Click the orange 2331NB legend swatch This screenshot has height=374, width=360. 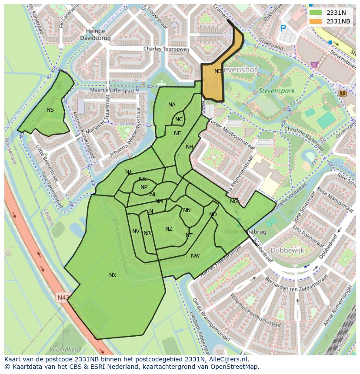tap(316, 21)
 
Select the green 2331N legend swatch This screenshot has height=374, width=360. tap(316, 13)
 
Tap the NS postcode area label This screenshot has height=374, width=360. tap(50, 110)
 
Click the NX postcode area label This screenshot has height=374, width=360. tap(113, 275)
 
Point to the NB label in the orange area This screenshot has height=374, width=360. tap(218, 71)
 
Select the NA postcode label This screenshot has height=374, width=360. tap(172, 105)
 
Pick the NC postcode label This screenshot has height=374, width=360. tap(179, 119)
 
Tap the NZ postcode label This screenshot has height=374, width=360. tap(169, 229)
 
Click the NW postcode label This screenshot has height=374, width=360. tap(195, 256)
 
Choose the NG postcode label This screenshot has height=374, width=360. tap(234, 202)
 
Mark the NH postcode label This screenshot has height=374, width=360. tap(189, 147)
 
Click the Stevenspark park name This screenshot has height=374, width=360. tap(277, 91)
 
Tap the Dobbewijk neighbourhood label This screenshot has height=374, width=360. tap(287, 251)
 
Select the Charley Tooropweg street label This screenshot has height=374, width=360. tap(167, 50)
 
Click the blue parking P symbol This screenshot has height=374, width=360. tap(283, 28)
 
